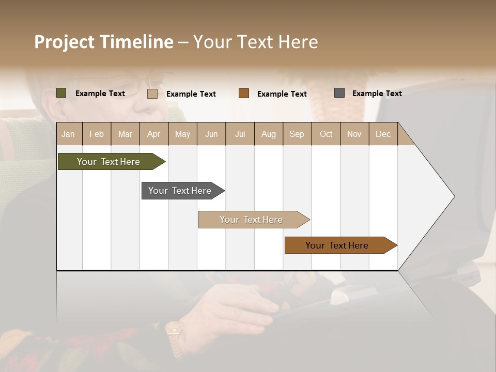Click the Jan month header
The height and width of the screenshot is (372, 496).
click(68, 134)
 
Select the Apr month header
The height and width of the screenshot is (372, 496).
click(154, 134)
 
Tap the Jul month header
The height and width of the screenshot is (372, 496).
click(240, 134)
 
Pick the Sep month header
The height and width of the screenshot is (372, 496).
click(297, 134)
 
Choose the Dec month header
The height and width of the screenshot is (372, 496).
click(383, 134)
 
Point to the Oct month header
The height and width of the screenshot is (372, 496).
click(326, 134)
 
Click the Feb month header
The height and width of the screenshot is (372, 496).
click(97, 134)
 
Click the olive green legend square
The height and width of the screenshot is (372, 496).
click(61, 93)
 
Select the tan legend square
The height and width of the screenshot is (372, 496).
click(152, 94)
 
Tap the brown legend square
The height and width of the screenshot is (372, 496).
click(244, 94)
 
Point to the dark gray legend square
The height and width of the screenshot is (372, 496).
click(339, 93)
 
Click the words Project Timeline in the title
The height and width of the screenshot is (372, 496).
click(104, 42)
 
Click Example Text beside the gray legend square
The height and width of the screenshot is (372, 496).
click(377, 94)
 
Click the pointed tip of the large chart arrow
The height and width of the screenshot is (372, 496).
click(454, 196)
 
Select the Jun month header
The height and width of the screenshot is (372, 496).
click(211, 134)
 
